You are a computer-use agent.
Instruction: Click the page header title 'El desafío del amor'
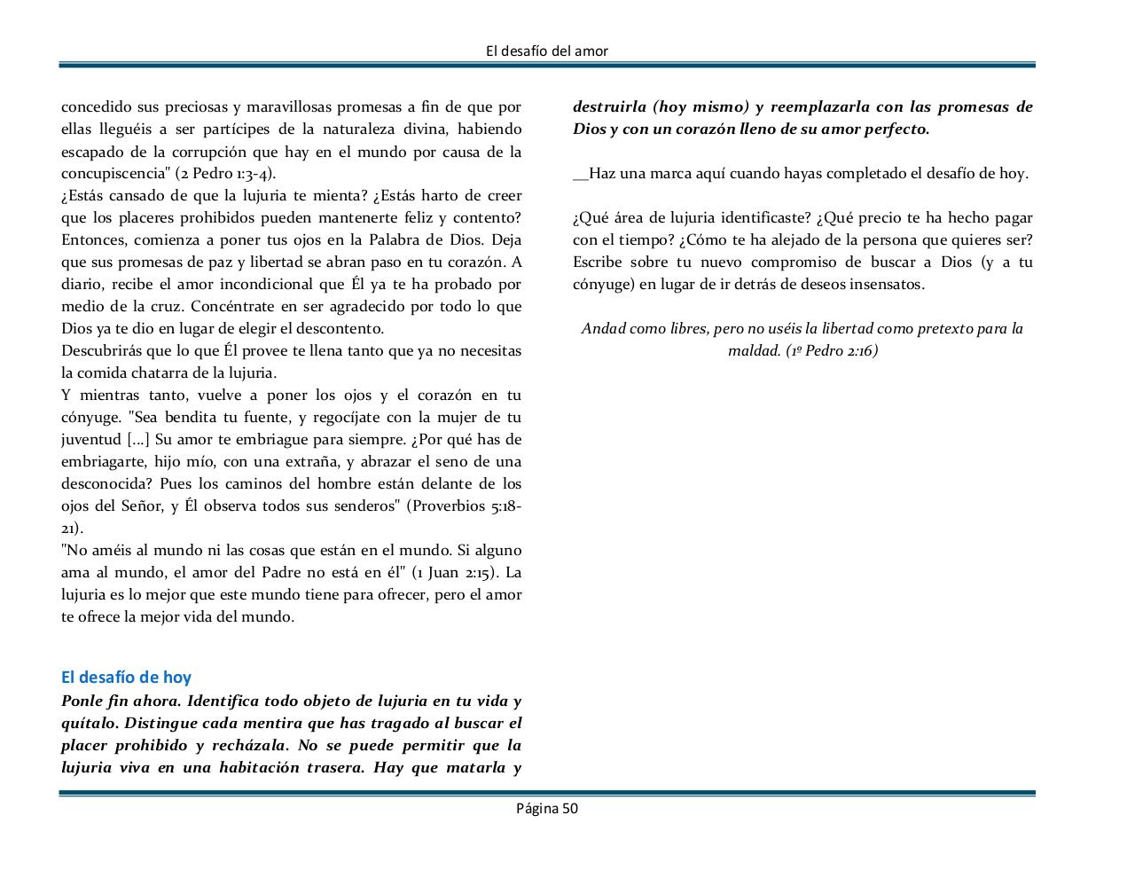[547, 51]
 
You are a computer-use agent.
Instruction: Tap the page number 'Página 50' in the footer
[547, 808]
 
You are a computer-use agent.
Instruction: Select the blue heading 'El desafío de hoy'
[126, 678]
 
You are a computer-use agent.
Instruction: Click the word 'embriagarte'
[103, 462]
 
